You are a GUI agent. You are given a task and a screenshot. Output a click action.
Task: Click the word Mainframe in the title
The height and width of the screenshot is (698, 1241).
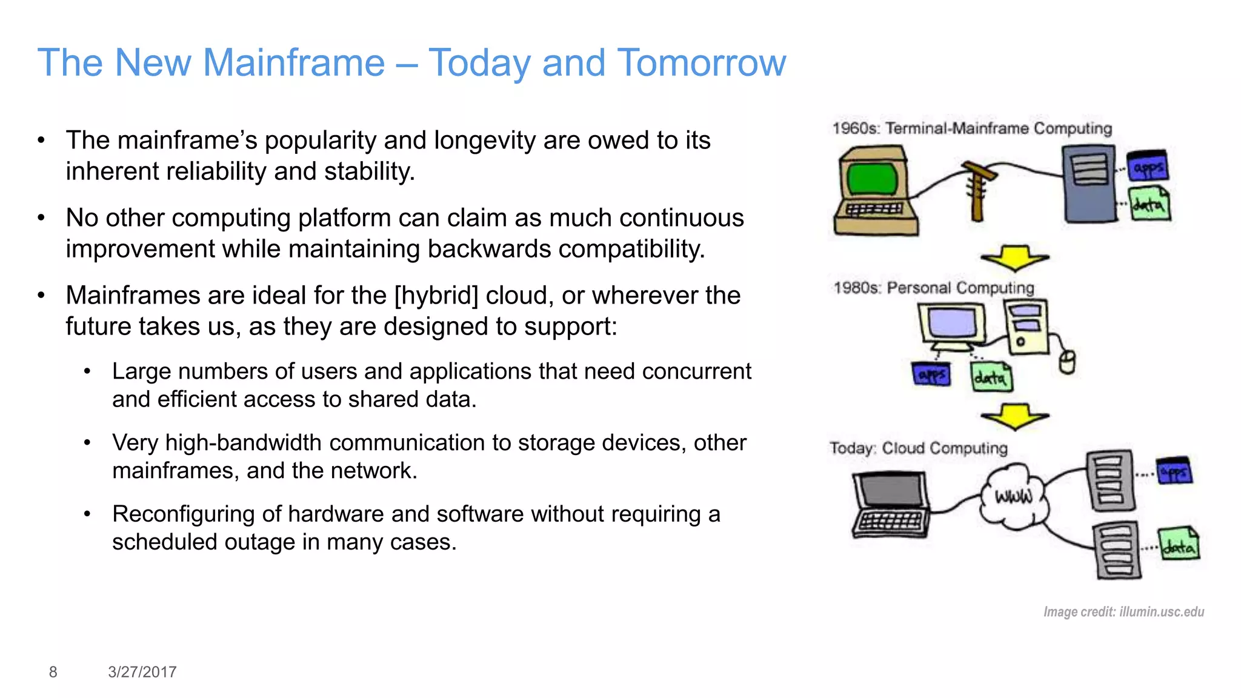[293, 63]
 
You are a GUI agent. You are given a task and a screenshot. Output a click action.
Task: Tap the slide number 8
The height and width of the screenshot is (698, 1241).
[53, 672]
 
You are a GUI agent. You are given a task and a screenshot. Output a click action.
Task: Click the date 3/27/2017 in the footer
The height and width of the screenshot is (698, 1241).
[142, 672]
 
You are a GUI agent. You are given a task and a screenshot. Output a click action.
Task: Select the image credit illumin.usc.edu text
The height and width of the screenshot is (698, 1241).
[1123, 612]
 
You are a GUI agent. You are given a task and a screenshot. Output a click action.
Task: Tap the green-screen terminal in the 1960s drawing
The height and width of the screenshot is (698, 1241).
[873, 180]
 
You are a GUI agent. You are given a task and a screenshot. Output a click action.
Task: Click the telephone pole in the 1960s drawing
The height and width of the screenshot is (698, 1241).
[977, 191]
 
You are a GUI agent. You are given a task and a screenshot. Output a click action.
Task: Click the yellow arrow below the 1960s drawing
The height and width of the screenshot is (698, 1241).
[1014, 258]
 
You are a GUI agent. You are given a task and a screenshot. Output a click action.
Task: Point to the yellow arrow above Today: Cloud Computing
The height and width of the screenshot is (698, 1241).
[1014, 416]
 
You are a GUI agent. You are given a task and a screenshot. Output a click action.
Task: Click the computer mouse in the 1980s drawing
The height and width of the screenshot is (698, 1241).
[1067, 362]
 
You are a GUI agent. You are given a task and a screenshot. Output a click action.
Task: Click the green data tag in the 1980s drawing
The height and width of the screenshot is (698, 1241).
[991, 377]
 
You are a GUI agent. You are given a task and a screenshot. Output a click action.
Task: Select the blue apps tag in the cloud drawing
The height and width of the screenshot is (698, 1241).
[1174, 471]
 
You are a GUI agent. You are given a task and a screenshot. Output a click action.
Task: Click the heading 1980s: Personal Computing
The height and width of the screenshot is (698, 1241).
[934, 288]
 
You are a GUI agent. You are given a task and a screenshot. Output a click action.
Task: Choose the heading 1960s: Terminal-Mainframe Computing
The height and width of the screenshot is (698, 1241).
[972, 128]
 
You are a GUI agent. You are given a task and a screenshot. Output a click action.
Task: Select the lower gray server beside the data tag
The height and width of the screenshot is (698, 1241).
[1117, 550]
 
